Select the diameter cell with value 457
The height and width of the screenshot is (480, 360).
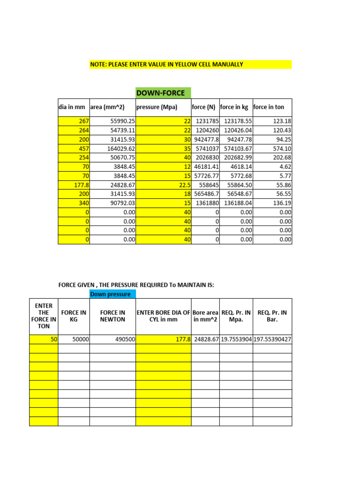pos(74,148)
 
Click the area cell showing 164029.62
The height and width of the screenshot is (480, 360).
pos(112,148)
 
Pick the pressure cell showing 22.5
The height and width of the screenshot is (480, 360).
pos(163,185)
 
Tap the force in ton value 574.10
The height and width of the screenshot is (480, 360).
pos(272,148)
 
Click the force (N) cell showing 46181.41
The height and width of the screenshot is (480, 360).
pos(205,166)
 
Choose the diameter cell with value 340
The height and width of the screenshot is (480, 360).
pos(74,203)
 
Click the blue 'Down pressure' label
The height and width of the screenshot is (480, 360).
pos(112,294)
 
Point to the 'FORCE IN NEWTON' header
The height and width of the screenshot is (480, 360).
pos(112,316)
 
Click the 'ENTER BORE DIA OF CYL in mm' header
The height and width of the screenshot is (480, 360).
pos(163,316)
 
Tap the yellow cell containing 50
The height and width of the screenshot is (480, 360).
pos(44,339)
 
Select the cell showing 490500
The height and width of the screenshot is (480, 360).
pos(112,339)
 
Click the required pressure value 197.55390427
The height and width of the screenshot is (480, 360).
pos(272,339)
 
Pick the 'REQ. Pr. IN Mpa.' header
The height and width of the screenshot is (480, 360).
pos(236,316)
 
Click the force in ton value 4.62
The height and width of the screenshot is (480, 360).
pos(272,166)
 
